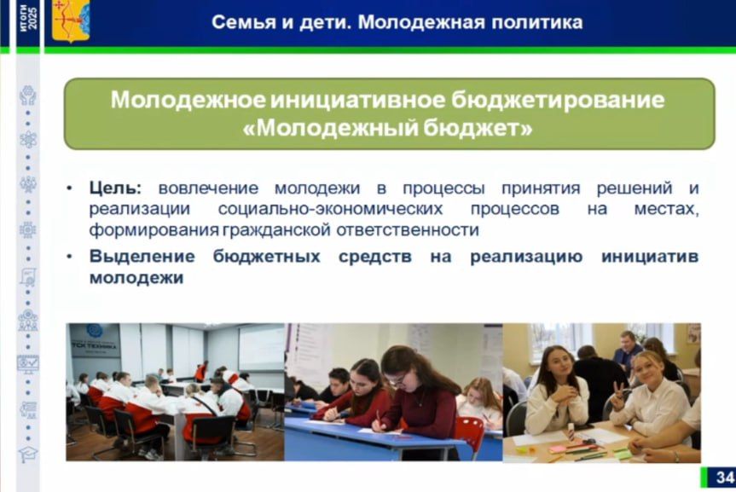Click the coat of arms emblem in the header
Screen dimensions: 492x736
pos(70,21)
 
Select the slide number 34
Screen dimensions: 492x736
pos(723,478)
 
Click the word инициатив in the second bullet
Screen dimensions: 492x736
pos(649,257)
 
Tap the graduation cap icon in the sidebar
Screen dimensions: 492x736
pos(28,454)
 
